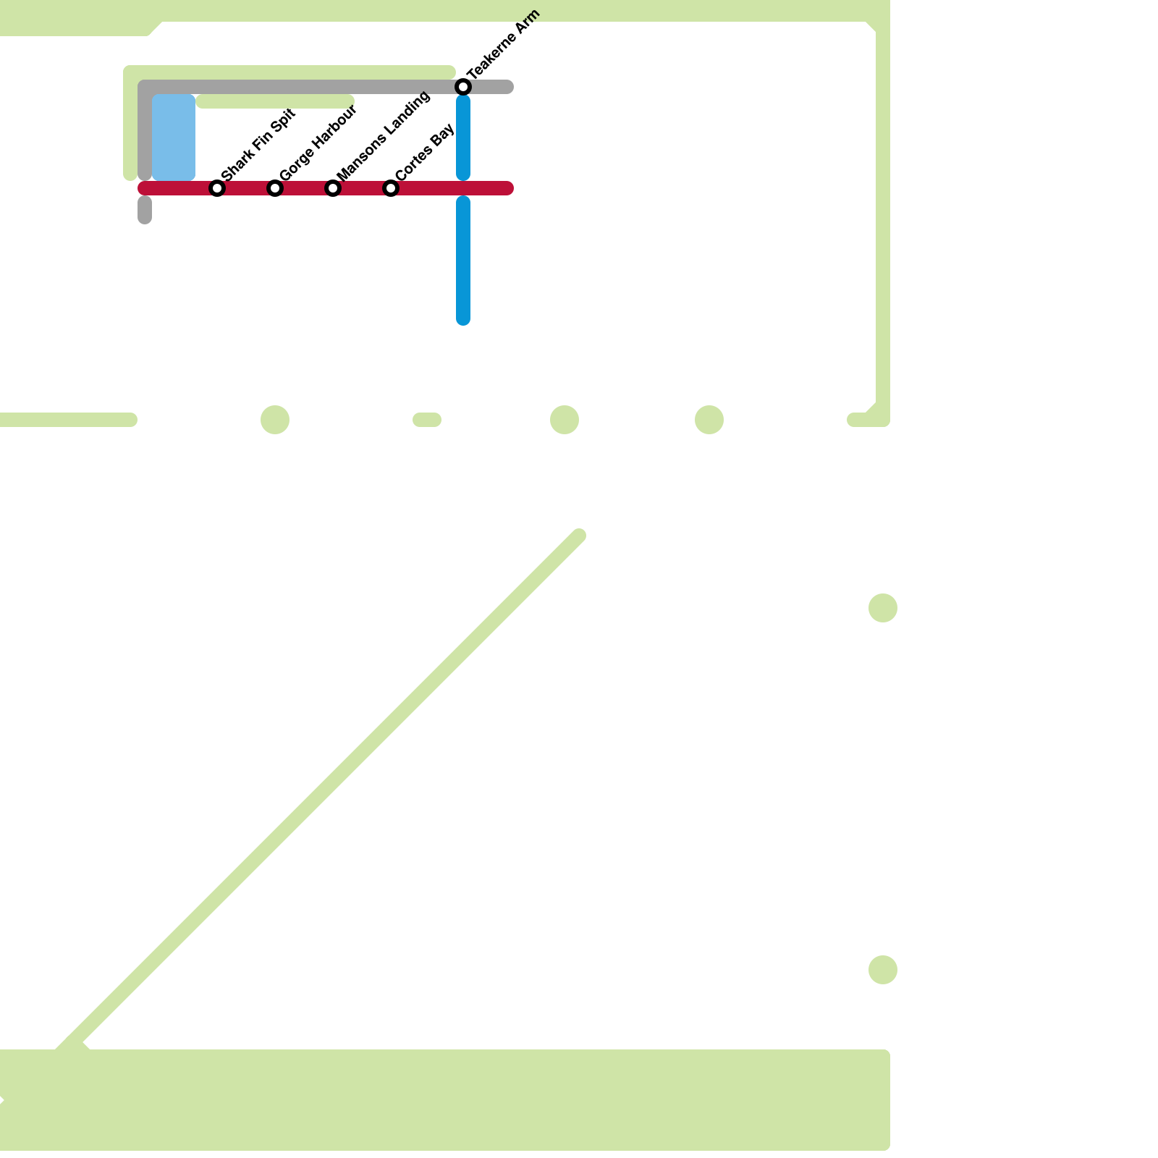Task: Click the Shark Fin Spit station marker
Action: [217, 188]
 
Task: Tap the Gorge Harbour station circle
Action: [275, 188]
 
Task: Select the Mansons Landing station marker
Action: [333, 188]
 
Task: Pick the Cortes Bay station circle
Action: [391, 188]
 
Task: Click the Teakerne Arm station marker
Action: [463, 87]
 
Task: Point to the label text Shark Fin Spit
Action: [258, 145]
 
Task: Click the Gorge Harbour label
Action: [318, 143]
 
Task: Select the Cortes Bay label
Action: [425, 152]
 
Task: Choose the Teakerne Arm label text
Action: [504, 45]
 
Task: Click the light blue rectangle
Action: [174, 137]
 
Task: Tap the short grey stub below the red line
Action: [145, 210]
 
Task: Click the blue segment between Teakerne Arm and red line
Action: [463, 138]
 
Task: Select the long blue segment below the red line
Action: [463, 261]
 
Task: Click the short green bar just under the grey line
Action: [275, 101]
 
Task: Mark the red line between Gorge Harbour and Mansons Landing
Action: [304, 188]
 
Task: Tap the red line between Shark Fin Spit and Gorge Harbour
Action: [246, 188]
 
